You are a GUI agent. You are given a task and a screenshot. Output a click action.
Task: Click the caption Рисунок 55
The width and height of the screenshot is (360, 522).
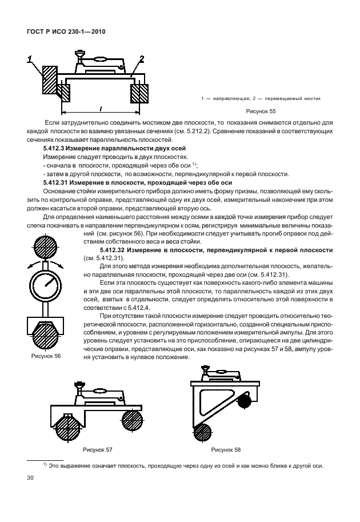[x=260, y=113]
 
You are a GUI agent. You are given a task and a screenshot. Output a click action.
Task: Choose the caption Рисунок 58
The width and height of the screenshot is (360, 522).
[x=226, y=449]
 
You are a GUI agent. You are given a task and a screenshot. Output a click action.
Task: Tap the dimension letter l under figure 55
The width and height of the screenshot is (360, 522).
[x=100, y=107]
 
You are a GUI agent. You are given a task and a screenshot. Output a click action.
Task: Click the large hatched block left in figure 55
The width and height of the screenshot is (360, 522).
[x=50, y=79]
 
